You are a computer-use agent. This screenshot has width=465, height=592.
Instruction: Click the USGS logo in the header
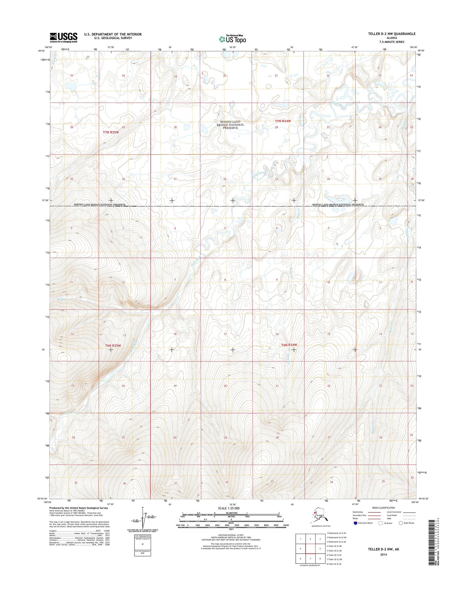point(64,37)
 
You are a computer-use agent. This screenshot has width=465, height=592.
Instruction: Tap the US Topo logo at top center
point(232,39)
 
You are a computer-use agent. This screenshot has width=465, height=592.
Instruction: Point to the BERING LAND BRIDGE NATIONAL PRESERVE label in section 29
point(230,125)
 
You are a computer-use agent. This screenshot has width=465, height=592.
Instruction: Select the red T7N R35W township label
point(111,132)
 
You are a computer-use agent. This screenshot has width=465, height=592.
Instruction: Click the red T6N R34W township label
point(289,345)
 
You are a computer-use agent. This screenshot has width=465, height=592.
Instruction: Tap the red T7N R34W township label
point(283,121)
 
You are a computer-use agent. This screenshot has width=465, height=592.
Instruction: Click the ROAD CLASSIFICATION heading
point(383,508)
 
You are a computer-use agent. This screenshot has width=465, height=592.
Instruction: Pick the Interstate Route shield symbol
point(355,523)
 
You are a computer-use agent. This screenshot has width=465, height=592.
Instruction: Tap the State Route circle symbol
point(401,523)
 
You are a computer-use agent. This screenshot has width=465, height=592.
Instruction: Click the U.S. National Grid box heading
point(142,536)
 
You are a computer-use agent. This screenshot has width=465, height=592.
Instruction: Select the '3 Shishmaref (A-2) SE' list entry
point(336,542)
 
